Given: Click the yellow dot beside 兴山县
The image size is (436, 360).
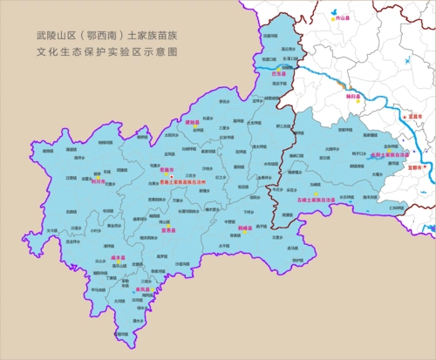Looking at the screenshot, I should click(332, 16).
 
